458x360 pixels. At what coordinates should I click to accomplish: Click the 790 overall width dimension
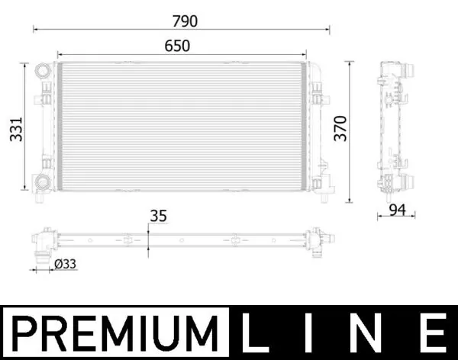pos(181,21)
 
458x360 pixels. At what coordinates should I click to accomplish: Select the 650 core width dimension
pos(177,46)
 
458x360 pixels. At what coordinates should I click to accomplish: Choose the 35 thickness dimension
pos(158,216)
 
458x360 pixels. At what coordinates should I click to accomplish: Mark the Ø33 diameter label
pos(66,264)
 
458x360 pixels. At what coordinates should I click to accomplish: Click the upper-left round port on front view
pos(40,72)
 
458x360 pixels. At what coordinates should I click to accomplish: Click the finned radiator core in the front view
pos(182,127)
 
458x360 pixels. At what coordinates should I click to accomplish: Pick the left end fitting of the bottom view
pos(44,242)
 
